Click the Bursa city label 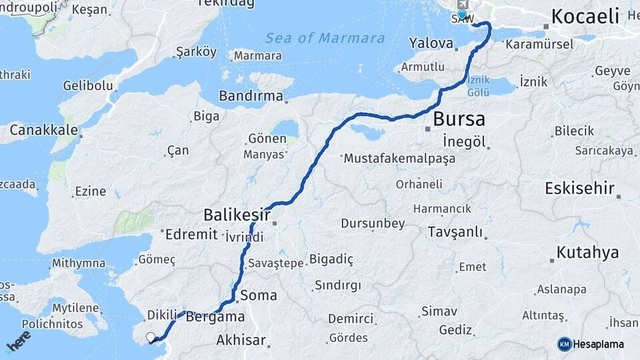pos(459,120)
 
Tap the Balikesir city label pos(237,215)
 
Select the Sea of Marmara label pos(325,38)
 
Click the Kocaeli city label pos(585,16)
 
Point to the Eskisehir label pos(579,188)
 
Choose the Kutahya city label pos(587,253)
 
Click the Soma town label pos(259,295)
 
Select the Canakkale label pos(43,129)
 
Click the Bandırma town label pos(251,96)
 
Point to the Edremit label pos(191,234)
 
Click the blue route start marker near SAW pos(462,15)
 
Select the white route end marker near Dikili pos(151,337)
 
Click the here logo pos(18,341)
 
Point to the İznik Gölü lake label pos(478,85)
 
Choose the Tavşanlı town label pos(456,233)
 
